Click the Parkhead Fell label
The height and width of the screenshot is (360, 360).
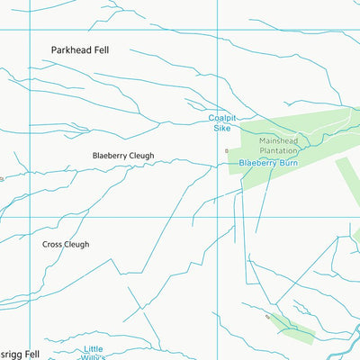click(80, 50)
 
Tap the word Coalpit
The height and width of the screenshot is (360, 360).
click(221, 118)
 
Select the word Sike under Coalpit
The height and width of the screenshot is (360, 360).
click(221, 129)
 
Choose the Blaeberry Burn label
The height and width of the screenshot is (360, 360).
click(268, 163)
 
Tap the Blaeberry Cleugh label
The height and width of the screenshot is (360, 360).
click(123, 156)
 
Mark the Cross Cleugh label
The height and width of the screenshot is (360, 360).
click(66, 244)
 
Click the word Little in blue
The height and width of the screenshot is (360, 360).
click(94, 348)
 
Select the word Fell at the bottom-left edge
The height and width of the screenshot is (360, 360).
click(31, 355)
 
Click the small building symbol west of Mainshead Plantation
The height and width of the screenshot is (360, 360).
click(227, 150)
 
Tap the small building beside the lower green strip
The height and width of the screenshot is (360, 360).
click(267, 317)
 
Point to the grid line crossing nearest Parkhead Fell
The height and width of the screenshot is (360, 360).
click(31, 30)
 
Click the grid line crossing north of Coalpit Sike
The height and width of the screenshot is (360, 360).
click(218, 30)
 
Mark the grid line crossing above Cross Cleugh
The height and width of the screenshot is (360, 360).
click(31, 217)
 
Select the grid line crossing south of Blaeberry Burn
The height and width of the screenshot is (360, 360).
click(218, 217)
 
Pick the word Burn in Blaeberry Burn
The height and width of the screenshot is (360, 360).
click(287, 163)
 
